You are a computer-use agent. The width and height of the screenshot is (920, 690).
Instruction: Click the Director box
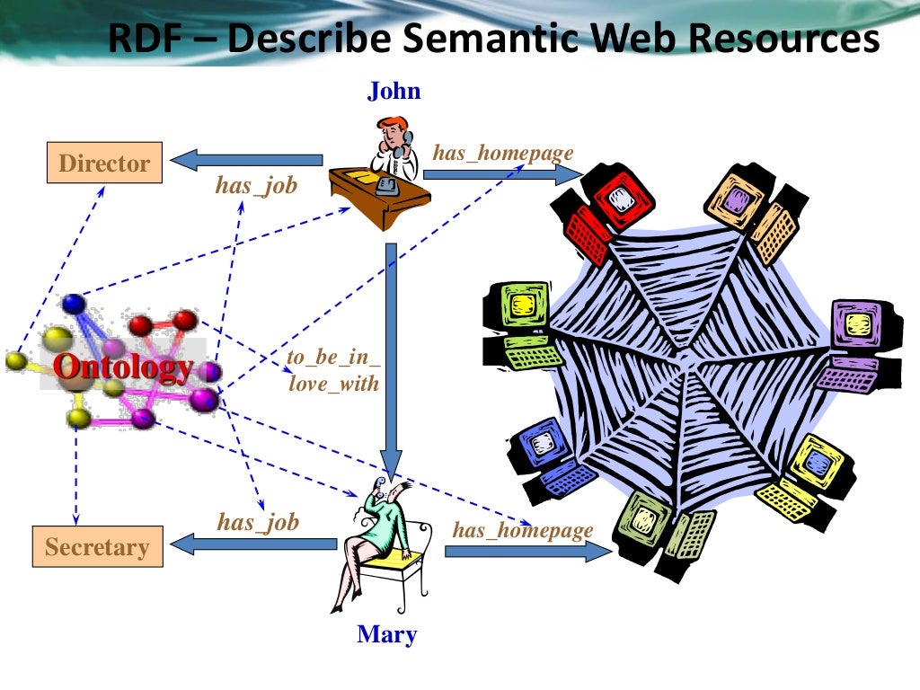pyautogui.click(x=104, y=163)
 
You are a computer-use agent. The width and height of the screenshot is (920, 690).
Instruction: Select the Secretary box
pyautogui.click(x=97, y=546)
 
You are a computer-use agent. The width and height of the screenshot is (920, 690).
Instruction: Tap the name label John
pyautogui.click(x=394, y=91)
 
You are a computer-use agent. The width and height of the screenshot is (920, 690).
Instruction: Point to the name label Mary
pyautogui.click(x=387, y=634)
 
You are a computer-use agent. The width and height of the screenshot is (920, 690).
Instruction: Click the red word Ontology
pyautogui.click(x=123, y=366)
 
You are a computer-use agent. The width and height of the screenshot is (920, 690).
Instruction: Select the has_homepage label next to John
pyautogui.click(x=502, y=153)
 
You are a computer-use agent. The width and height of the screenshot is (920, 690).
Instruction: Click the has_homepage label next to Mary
pyautogui.click(x=522, y=530)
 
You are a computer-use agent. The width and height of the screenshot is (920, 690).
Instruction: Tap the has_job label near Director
pyautogui.click(x=256, y=186)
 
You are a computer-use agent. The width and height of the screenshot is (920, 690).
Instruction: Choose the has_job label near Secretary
pyautogui.click(x=258, y=522)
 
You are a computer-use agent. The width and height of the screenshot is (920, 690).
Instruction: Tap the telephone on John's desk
pyautogui.click(x=388, y=185)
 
